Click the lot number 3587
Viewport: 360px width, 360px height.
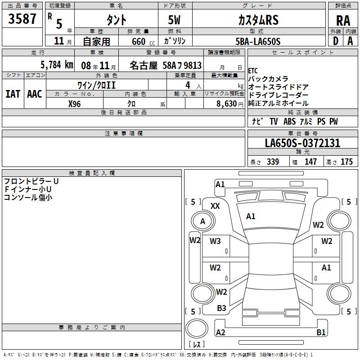(22, 19)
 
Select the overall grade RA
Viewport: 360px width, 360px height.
(343, 21)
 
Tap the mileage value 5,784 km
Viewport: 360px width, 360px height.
(57, 65)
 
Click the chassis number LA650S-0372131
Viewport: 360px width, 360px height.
(302, 143)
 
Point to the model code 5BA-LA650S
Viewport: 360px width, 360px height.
(258, 41)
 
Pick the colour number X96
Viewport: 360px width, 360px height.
(74, 104)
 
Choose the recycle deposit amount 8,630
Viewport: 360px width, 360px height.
(227, 104)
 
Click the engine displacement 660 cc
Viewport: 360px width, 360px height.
(143, 42)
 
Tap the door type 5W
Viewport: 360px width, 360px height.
(174, 20)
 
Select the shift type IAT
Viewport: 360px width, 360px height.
(13, 94)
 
